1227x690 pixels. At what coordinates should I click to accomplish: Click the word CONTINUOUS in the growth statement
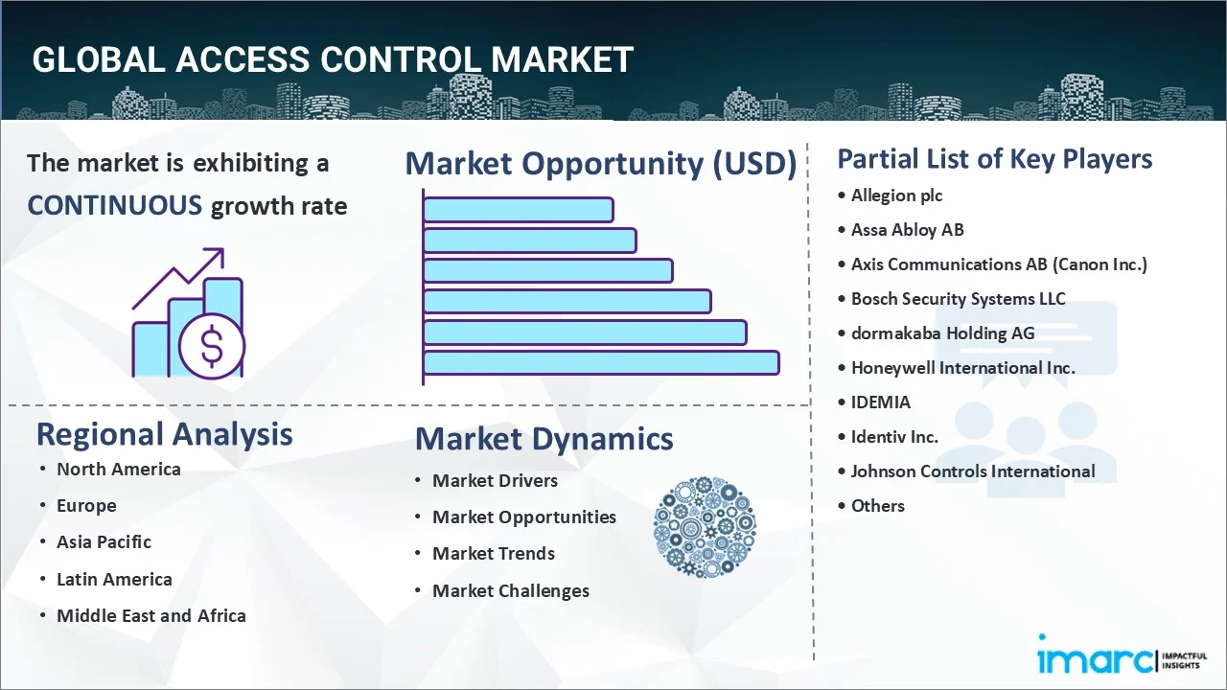coord(114,206)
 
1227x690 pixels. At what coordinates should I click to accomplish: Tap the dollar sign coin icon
coord(212,346)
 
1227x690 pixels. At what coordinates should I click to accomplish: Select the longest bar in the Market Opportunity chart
coord(601,363)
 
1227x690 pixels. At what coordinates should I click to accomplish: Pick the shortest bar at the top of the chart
coord(519,210)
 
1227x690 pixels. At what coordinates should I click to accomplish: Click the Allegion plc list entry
coord(896,195)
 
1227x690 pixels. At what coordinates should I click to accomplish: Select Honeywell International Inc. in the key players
coord(963,367)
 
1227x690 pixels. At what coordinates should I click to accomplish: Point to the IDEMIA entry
coord(880,402)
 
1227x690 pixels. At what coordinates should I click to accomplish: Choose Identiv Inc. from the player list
coord(894,436)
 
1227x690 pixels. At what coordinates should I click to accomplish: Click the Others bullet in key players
coord(877,505)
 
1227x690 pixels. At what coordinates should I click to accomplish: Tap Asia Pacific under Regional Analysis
coord(104,541)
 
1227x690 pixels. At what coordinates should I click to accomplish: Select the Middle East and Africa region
coord(151,615)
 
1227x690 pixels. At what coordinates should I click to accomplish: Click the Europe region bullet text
coord(86,505)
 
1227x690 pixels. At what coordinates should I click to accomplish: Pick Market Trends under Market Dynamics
coord(494,553)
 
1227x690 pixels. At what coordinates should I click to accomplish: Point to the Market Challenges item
coord(511,590)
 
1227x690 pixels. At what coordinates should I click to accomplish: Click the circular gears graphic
coord(705,527)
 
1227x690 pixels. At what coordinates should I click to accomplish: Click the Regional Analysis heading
coord(164,434)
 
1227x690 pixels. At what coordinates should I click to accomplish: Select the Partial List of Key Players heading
coord(995,159)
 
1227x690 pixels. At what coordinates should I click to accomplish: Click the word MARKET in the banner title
coord(562,59)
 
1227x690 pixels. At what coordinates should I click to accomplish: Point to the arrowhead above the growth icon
coord(217,255)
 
